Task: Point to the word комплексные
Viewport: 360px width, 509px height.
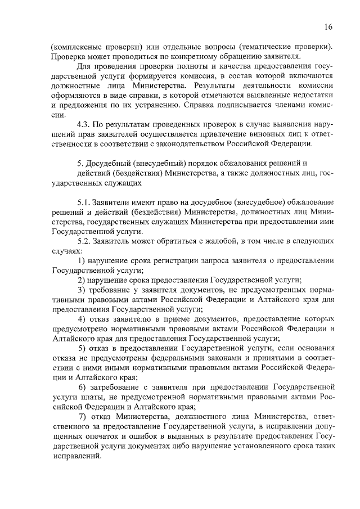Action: (80, 46)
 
